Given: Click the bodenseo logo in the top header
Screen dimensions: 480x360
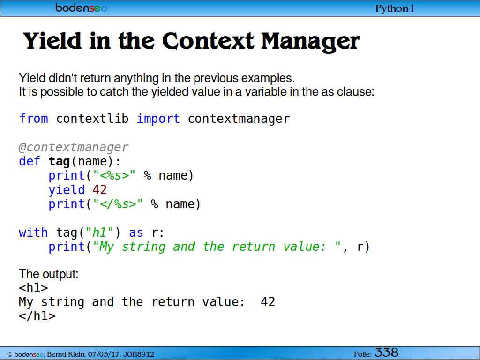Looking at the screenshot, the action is point(81,7).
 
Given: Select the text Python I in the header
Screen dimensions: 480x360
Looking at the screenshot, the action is point(394,8).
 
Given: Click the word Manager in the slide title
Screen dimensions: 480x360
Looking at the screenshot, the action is point(310,42).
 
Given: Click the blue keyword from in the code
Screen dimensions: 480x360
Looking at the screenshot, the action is point(34,119).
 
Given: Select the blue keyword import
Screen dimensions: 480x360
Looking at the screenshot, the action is point(158,119).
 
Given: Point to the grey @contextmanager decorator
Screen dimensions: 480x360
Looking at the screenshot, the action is point(74,147).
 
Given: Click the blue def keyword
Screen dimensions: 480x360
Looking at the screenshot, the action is point(30,161).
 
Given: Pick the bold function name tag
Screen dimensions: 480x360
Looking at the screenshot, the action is point(60,162).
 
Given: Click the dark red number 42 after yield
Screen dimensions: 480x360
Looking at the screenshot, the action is point(99,190).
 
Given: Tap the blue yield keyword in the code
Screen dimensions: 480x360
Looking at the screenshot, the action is point(67,190).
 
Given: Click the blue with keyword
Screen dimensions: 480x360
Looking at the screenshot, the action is point(33,232).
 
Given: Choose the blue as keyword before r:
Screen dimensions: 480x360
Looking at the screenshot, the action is point(136,233).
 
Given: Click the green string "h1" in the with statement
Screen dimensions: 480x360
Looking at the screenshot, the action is point(100,232).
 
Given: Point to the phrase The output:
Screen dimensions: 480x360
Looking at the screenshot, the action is point(49,274).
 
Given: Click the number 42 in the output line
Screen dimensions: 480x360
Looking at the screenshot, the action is point(268,302).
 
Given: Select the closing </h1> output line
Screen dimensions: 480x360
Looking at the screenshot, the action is point(37,316).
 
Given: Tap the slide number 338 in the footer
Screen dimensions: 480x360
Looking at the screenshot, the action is point(387,352).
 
